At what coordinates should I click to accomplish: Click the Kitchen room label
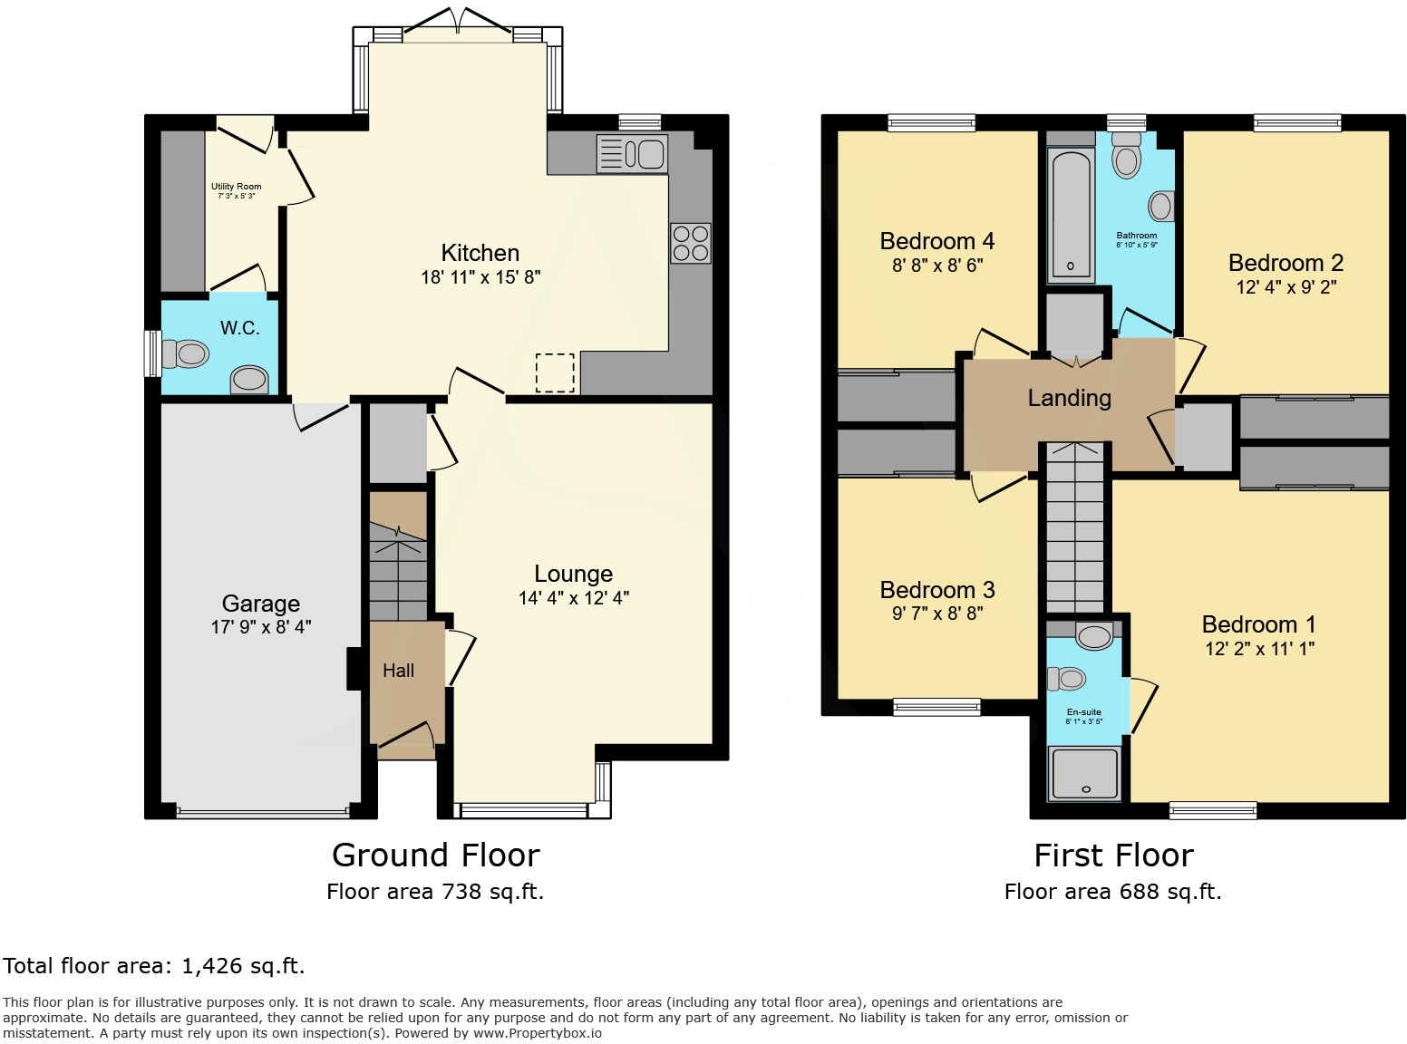[480, 253]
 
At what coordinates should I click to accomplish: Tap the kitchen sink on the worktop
[632, 154]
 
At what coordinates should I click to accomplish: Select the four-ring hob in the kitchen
[690, 243]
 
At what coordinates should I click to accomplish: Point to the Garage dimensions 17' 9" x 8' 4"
[261, 626]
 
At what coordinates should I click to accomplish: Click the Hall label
[398, 671]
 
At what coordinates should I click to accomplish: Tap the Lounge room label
[573, 574]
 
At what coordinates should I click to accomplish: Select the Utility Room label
[236, 187]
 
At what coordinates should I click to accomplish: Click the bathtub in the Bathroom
[1071, 215]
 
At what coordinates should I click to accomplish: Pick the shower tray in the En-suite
[1084, 773]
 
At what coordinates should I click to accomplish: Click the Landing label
[1069, 398]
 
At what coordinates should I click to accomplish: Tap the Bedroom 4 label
[936, 241]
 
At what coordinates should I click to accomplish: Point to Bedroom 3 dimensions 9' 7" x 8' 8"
[937, 614]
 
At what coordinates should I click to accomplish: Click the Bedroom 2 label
[1286, 263]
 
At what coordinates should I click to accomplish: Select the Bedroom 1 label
[1258, 624]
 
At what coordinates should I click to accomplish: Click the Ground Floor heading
[435, 855]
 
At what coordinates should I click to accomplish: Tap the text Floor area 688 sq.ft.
[1112, 892]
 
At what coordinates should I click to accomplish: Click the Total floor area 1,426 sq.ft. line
[154, 966]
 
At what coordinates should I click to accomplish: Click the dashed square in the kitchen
[555, 372]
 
